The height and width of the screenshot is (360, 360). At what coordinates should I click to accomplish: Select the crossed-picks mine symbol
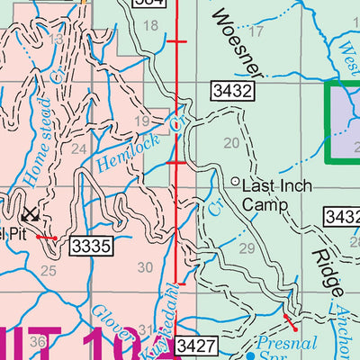click(31, 214)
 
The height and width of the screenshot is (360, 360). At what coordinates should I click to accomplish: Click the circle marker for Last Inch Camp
click(236, 183)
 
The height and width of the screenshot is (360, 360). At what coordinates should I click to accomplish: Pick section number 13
click(57, 40)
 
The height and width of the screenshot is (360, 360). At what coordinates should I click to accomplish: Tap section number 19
click(141, 121)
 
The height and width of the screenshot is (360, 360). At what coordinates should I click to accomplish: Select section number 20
click(231, 142)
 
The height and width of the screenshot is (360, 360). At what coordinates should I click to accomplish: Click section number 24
click(79, 148)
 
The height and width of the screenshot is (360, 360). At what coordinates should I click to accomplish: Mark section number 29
click(247, 247)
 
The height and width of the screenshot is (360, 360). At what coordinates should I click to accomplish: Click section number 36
click(37, 342)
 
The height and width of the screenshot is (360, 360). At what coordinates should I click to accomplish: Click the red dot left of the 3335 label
click(55, 238)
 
